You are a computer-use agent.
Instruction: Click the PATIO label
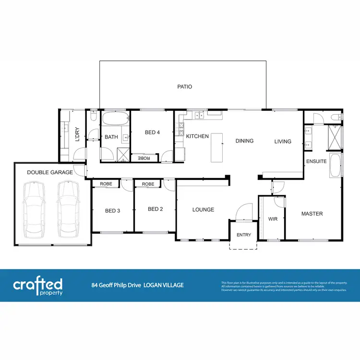click(x=184, y=87)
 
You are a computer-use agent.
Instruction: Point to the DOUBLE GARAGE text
click(x=50, y=172)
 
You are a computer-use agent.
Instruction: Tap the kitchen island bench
click(x=217, y=146)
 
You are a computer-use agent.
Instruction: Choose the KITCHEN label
click(x=197, y=136)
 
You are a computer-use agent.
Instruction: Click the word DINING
click(x=244, y=141)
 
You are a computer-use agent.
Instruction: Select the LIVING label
click(x=283, y=141)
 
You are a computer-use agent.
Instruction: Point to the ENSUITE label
click(x=316, y=161)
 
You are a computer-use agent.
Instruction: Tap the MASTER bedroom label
click(x=312, y=214)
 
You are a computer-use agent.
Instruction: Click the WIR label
click(x=273, y=219)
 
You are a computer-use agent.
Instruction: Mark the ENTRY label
click(x=244, y=235)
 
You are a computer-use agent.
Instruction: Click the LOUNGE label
click(x=203, y=209)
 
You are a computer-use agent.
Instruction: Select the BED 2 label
click(x=156, y=209)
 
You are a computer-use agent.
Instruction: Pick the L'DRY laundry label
click(x=76, y=134)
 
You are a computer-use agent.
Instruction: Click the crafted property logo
click(x=38, y=286)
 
